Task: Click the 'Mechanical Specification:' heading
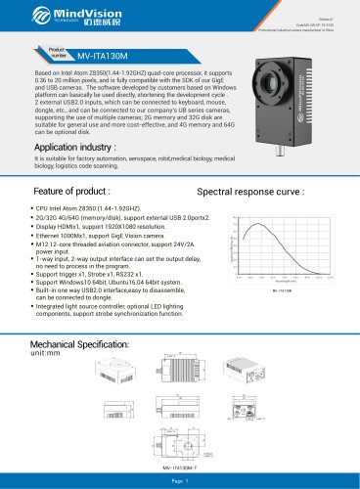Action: click(81, 345)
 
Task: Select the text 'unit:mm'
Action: click(46, 355)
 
